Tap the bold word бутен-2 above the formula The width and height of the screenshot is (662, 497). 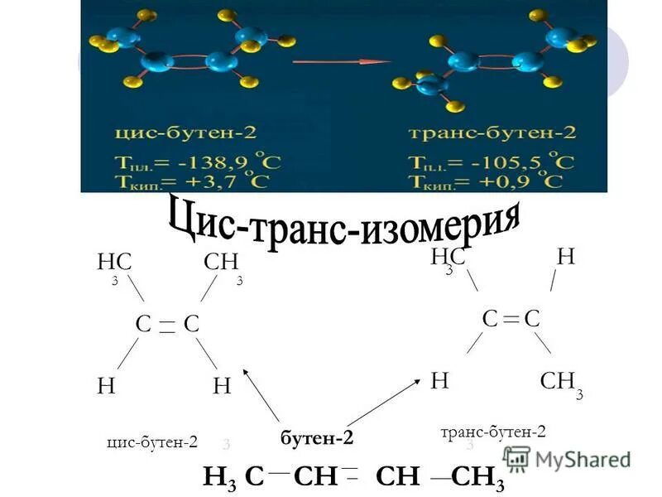(317, 437)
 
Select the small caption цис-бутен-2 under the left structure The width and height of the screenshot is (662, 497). (152, 442)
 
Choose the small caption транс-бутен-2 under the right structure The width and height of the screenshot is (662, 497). (493, 432)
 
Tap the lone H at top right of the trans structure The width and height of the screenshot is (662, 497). (565, 257)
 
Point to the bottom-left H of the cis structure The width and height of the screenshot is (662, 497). (106, 385)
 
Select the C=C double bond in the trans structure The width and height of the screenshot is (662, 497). (511, 317)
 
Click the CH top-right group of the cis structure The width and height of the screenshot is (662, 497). (220, 263)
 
